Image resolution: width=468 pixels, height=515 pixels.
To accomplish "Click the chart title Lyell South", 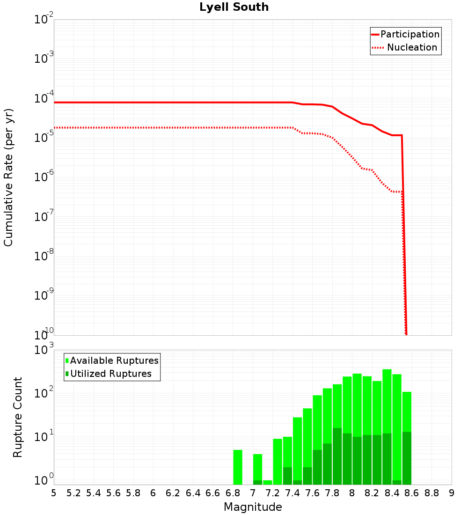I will [x=234, y=7].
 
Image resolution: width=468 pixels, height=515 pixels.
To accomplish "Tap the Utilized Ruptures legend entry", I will [x=110, y=374].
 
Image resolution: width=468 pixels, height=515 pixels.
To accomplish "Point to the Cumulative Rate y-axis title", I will [x=8, y=177].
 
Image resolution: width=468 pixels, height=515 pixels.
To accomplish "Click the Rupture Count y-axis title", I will [x=18, y=417].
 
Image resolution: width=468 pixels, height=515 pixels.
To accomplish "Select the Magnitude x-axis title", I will [x=253, y=507].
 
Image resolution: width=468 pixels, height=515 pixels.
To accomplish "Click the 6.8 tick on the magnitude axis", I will [x=233, y=493].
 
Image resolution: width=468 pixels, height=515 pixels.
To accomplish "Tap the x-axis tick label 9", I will [x=452, y=493].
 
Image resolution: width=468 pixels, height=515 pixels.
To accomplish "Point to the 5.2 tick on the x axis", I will [x=73, y=493].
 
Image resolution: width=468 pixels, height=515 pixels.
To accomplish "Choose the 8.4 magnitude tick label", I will [x=392, y=493].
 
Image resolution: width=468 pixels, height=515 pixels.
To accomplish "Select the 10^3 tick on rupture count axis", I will [x=45, y=350].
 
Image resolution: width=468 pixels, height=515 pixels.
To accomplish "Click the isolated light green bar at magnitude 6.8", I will [x=238, y=467].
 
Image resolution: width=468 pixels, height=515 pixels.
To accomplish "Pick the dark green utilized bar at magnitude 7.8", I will [x=337, y=456].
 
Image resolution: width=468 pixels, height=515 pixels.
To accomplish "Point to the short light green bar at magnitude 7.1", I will [x=267, y=482].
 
